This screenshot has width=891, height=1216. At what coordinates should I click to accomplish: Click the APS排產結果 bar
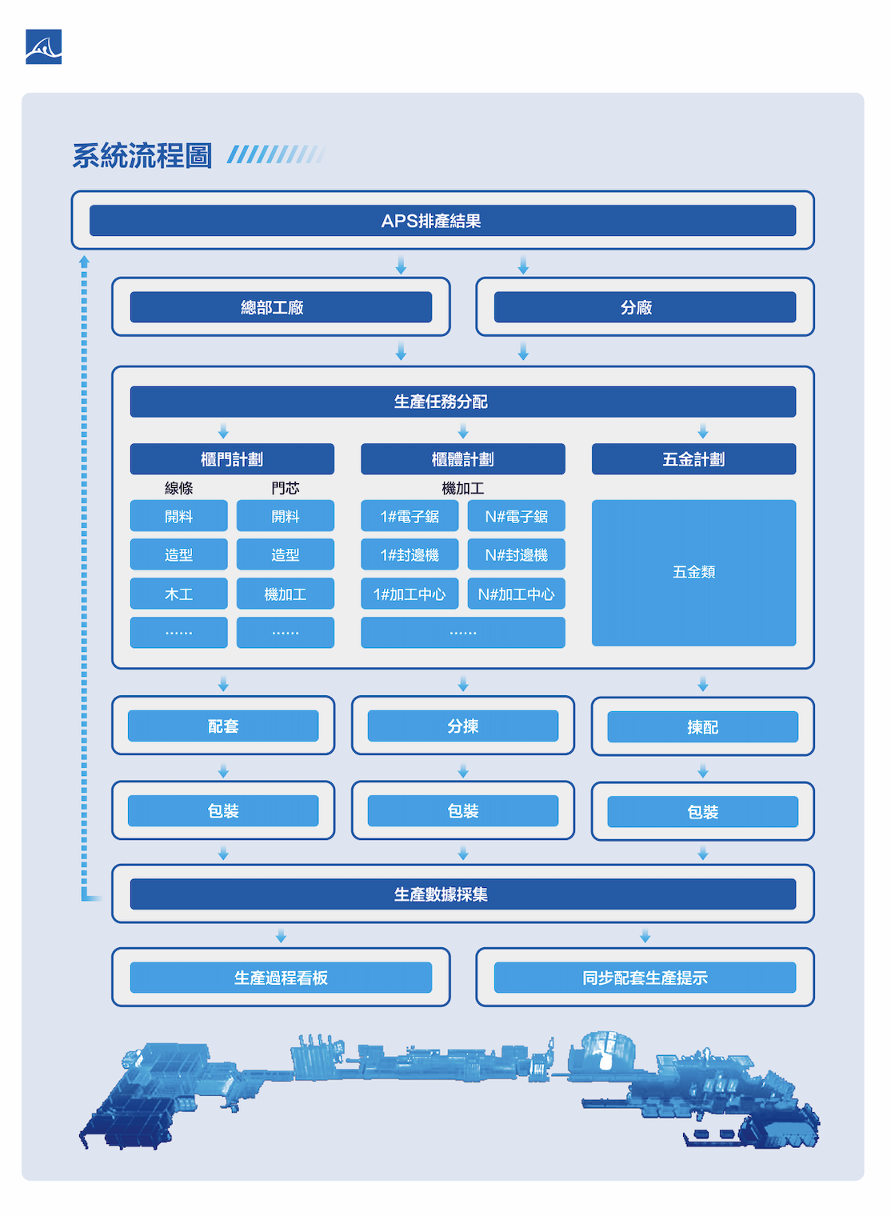(x=442, y=221)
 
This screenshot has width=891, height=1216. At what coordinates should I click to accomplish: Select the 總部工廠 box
(x=281, y=307)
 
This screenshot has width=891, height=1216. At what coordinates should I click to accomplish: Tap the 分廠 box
(x=645, y=307)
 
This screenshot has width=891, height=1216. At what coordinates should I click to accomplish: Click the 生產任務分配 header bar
(x=462, y=402)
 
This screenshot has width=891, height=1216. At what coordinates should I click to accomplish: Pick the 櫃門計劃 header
(x=232, y=459)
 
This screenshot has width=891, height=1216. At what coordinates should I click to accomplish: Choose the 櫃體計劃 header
(x=462, y=459)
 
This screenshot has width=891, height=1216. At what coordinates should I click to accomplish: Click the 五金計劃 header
(x=693, y=459)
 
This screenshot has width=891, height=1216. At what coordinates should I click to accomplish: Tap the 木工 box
(x=178, y=594)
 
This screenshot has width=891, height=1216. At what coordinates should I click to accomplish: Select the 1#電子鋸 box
(x=410, y=516)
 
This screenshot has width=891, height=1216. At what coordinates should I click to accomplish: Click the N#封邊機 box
(x=516, y=554)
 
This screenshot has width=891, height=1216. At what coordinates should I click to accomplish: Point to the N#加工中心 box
(x=516, y=594)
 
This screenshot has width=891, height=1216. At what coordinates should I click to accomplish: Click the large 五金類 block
(x=693, y=572)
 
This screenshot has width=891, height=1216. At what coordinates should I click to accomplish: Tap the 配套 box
(x=223, y=726)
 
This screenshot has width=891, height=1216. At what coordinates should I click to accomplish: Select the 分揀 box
(x=462, y=726)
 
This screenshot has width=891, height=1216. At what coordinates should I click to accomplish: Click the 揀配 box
(x=702, y=726)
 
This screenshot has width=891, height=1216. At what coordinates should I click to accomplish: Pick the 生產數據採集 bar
(x=462, y=894)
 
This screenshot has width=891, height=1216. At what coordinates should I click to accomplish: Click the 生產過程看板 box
(x=281, y=978)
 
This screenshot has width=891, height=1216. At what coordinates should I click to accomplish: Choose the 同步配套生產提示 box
(x=645, y=978)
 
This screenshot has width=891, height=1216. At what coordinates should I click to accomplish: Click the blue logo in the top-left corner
(x=43, y=47)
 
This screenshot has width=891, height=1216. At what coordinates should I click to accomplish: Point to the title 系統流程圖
(x=142, y=155)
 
